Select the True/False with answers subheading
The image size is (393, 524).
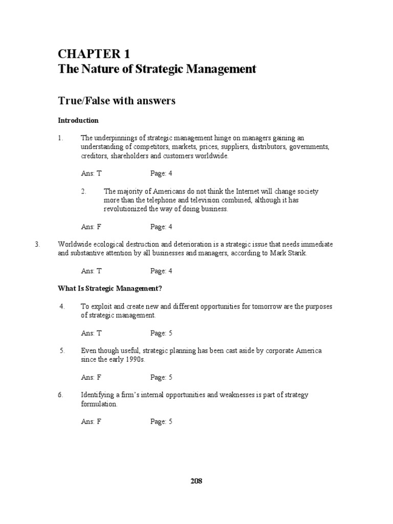point(117,101)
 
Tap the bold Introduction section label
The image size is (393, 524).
point(78,121)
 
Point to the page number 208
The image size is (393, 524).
point(196,481)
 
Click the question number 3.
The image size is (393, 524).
point(37,245)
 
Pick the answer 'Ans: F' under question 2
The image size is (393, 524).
point(91,227)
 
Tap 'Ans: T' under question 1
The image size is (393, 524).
point(92,173)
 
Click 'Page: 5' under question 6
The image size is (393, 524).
point(161,422)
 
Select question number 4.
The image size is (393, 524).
point(62,307)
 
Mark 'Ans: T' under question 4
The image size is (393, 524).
point(92,333)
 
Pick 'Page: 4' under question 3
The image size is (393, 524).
point(161,271)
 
